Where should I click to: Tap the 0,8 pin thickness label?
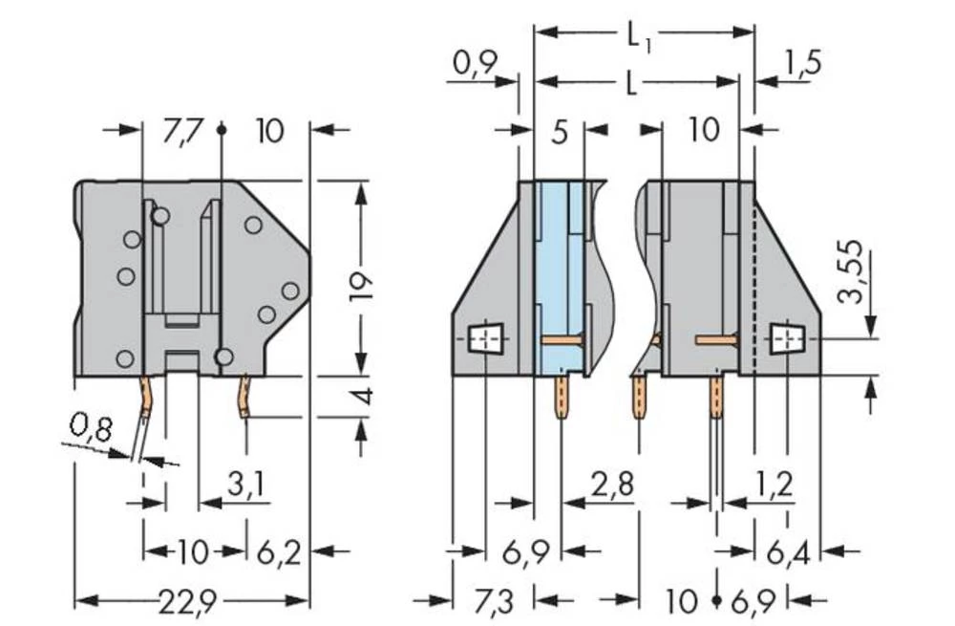tap(91, 427)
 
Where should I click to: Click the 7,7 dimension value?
tap(181, 130)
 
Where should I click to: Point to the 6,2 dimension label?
tap(279, 552)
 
